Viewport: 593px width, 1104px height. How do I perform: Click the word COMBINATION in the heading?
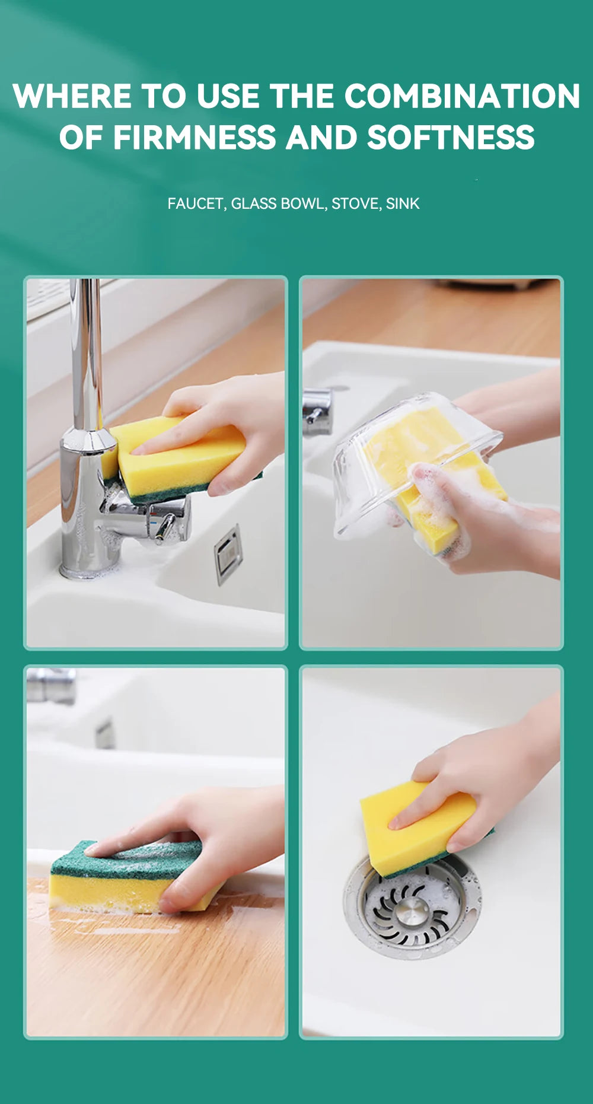[x=462, y=96]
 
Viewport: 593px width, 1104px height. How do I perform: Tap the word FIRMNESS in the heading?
[x=195, y=138]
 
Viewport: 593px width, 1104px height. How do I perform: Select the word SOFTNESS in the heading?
[x=451, y=138]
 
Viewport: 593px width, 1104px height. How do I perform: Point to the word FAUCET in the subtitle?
[x=195, y=203]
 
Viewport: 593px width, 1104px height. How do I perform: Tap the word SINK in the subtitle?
[x=403, y=203]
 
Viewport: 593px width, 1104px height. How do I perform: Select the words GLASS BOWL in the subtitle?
[x=278, y=203]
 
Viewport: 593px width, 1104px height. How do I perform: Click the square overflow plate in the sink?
[x=228, y=555]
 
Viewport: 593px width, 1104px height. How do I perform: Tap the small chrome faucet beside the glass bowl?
[x=317, y=412]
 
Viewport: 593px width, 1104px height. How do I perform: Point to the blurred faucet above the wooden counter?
[x=51, y=685]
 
